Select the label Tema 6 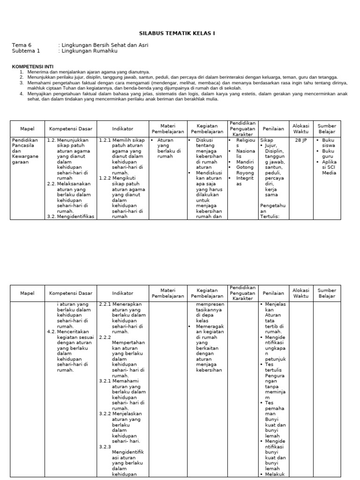tap(21, 45)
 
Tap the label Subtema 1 tap(26, 51)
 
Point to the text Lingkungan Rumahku tap(89, 51)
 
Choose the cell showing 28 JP tap(300, 140)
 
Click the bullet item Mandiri tap(245, 162)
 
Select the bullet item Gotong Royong tap(245, 170)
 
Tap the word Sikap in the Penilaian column tap(267, 140)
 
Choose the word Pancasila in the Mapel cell tap(24, 145)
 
